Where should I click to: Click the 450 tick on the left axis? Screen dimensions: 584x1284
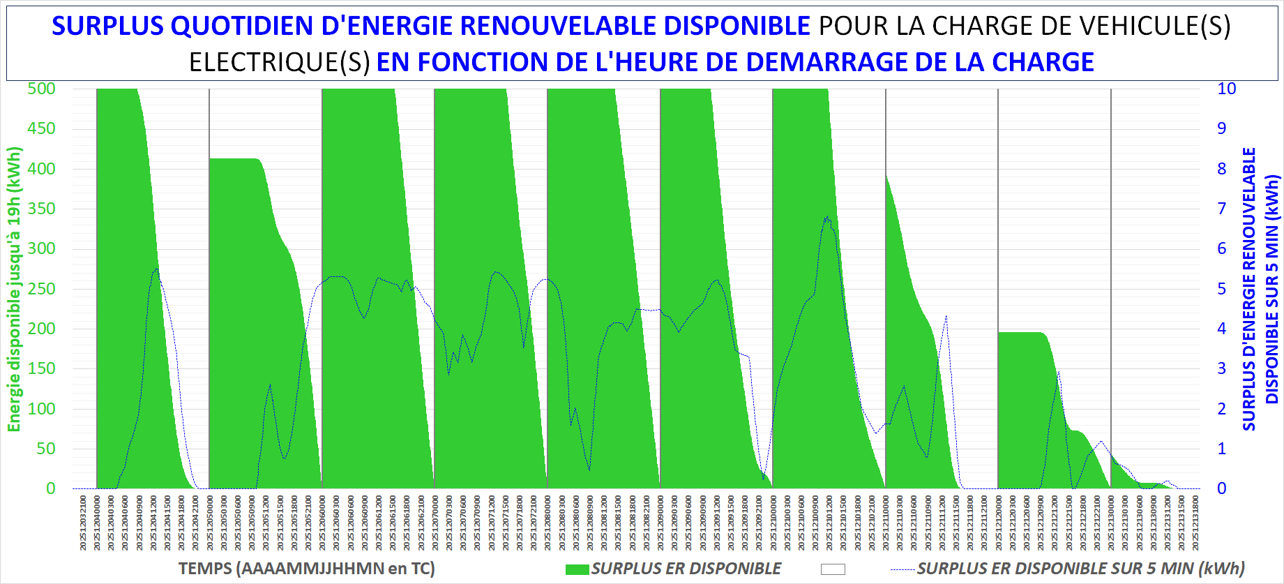[41, 128]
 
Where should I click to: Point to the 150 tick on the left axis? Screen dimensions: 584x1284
[41, 368]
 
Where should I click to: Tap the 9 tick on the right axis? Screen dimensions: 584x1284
[1221, 128]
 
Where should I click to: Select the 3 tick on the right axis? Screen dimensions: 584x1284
[1221, 368]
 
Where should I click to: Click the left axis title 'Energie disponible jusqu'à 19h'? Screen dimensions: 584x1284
[15, 289]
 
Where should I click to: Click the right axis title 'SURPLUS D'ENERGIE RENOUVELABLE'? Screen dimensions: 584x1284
[1249, 289]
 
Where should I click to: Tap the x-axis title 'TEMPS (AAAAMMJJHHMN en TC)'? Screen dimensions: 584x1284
[306, 569]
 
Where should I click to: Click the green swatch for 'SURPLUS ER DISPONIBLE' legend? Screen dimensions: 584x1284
[577, 569]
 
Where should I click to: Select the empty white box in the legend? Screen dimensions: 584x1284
[833, 569]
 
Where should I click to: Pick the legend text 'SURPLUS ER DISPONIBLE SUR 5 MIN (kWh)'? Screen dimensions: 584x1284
[1080, 569]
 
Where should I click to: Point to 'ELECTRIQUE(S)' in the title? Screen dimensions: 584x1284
[280, 62]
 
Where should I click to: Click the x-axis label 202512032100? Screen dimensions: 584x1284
[83, 523]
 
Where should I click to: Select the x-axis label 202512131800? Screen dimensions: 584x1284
[1195, 523]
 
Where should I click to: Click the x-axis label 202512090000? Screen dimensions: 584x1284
[661, 523]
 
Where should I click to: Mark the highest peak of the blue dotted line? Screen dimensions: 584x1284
[826, 217]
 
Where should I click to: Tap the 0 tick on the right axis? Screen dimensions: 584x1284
[1221, 488]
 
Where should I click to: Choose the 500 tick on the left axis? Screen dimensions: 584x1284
[41, 89]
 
